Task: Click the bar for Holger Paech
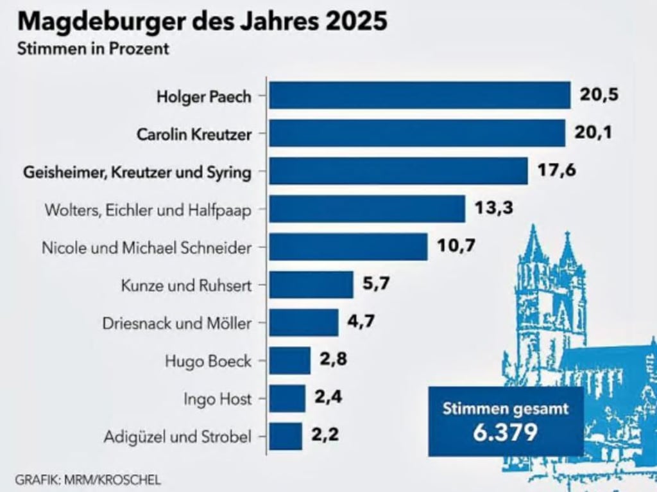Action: [420, 96]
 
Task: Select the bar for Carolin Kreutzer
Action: [417, 133]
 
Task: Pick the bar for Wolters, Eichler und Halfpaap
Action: [367, 209]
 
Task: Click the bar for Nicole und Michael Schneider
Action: [348, 247]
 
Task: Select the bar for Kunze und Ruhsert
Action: [311, 285]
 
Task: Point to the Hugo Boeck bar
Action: [289, 360]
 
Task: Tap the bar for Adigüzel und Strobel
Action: [286, 436]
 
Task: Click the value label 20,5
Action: [599, 95]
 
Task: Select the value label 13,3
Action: [494, 208]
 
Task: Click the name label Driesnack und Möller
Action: [177, 323]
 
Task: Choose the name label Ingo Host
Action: [218, 399]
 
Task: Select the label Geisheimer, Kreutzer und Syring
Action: [137, 172]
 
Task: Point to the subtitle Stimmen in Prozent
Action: [94, 49]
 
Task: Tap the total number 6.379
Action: [505, 432]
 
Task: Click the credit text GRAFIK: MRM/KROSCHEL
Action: [88, 479]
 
